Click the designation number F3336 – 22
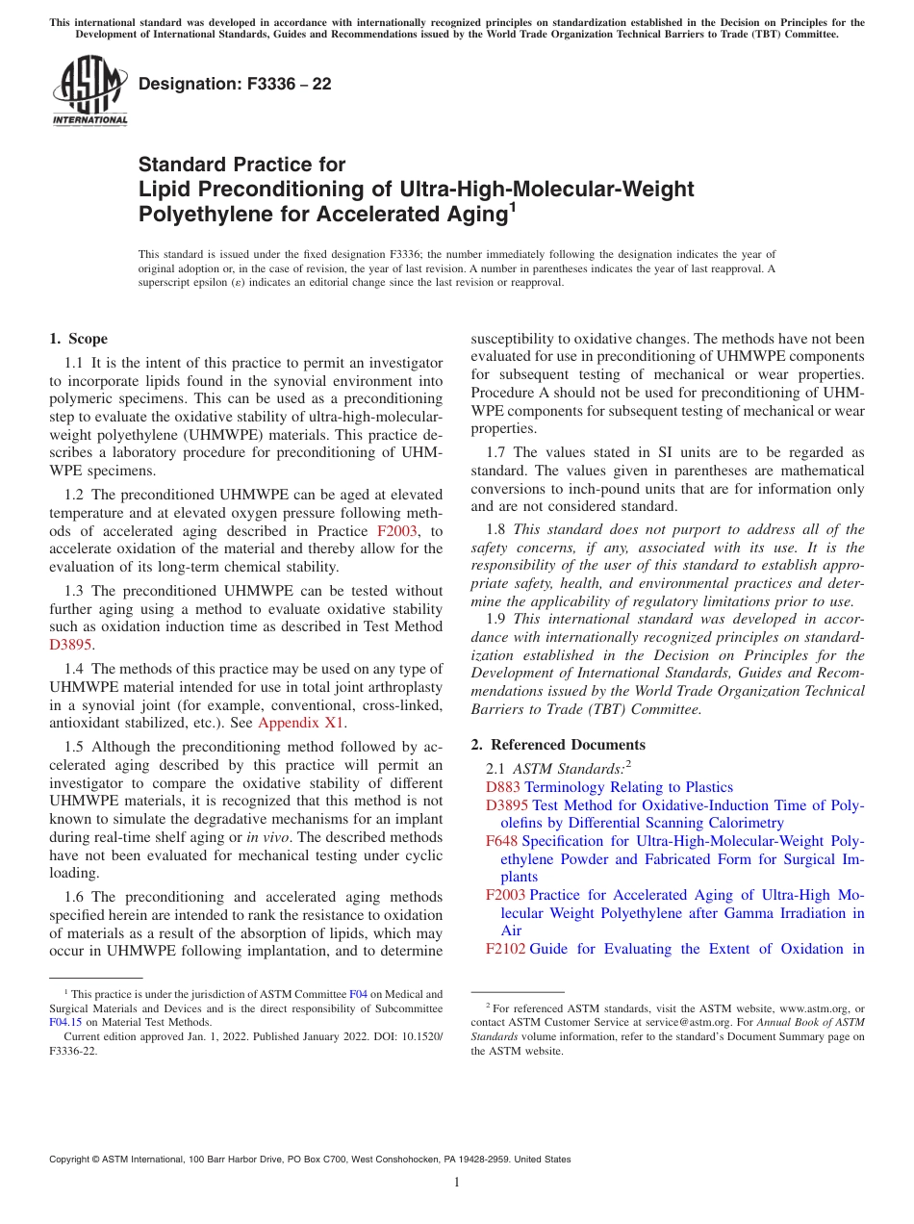(235, 85)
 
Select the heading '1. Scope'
(78, 339)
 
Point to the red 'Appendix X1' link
(301, 723)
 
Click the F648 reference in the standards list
(502, 841)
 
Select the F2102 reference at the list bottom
(505, 949)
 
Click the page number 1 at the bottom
(457, 1182)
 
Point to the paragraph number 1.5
(74, 748)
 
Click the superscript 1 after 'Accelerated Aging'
(513, 206)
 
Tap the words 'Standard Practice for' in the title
(241, 165)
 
